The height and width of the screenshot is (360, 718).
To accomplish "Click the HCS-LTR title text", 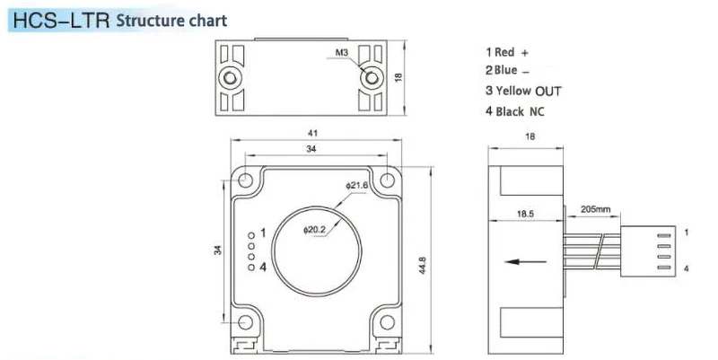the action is click(x=61, y=21).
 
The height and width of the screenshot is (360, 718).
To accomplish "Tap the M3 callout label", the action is click(x=342, y=53).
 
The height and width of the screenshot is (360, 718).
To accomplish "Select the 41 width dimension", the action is click(x=312, y=133).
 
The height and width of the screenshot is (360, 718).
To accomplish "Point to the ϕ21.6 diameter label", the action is click(x=356, y=186).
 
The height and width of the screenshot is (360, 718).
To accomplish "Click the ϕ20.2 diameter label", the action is click(x=314, y=230).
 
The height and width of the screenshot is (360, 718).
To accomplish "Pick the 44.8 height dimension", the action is click(x=423, y=265).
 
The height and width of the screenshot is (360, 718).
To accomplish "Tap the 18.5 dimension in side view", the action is click(x=525, y=214).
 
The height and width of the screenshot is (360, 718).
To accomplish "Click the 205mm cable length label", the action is click(x=595, y=209).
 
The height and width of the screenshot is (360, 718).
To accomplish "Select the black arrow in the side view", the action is click(x=526, y=262).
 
